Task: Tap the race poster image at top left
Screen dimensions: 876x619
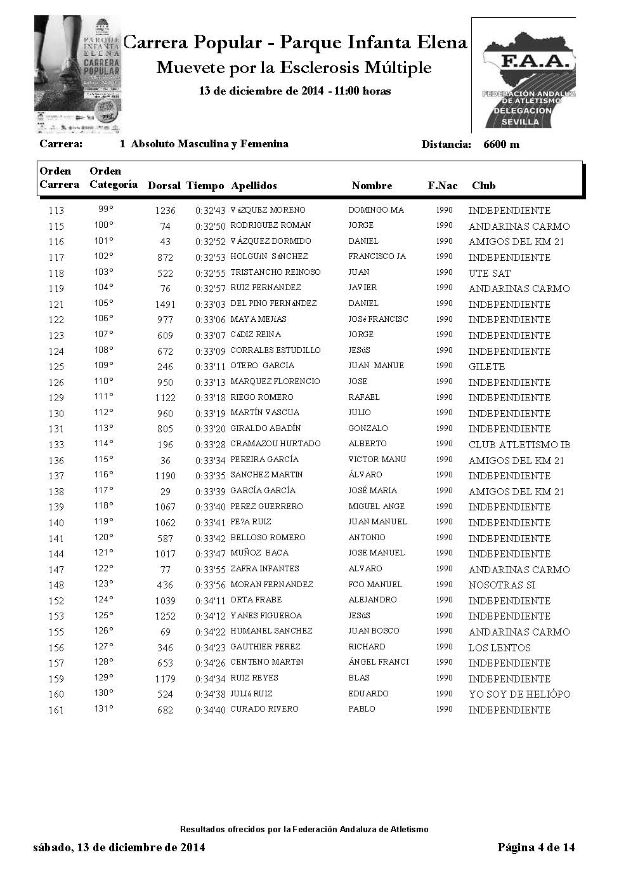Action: (x=78, y=75)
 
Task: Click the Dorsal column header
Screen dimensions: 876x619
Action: (x=164, y=186)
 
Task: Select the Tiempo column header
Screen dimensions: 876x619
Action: (x=205, y=186)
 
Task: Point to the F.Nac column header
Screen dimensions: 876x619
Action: (x=443, y=186)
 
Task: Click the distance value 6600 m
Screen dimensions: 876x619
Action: (x=501, y=144)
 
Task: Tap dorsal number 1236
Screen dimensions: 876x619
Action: (x=165, y=211)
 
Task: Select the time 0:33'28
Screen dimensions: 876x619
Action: (x=210, y=444)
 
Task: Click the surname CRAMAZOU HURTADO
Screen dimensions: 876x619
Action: (x=275, y=444)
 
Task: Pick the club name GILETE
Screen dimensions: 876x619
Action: (x=486, y=367)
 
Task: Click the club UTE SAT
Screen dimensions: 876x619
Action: (x=489, y=274)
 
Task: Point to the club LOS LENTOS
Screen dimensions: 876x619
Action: (x=499, y=648)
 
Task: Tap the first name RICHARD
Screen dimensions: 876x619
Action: (x=367, y=647)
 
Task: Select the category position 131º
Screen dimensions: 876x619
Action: (x=103, y=709)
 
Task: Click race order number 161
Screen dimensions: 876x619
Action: (x=56, y=710)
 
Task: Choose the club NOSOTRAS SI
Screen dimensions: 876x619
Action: (x=502, y=585)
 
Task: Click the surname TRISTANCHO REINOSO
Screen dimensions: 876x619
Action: (x=275, y=272)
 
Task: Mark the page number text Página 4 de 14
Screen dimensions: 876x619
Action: (x=536, y=847)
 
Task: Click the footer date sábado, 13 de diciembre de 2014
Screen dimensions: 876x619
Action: (x=119, y=847)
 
